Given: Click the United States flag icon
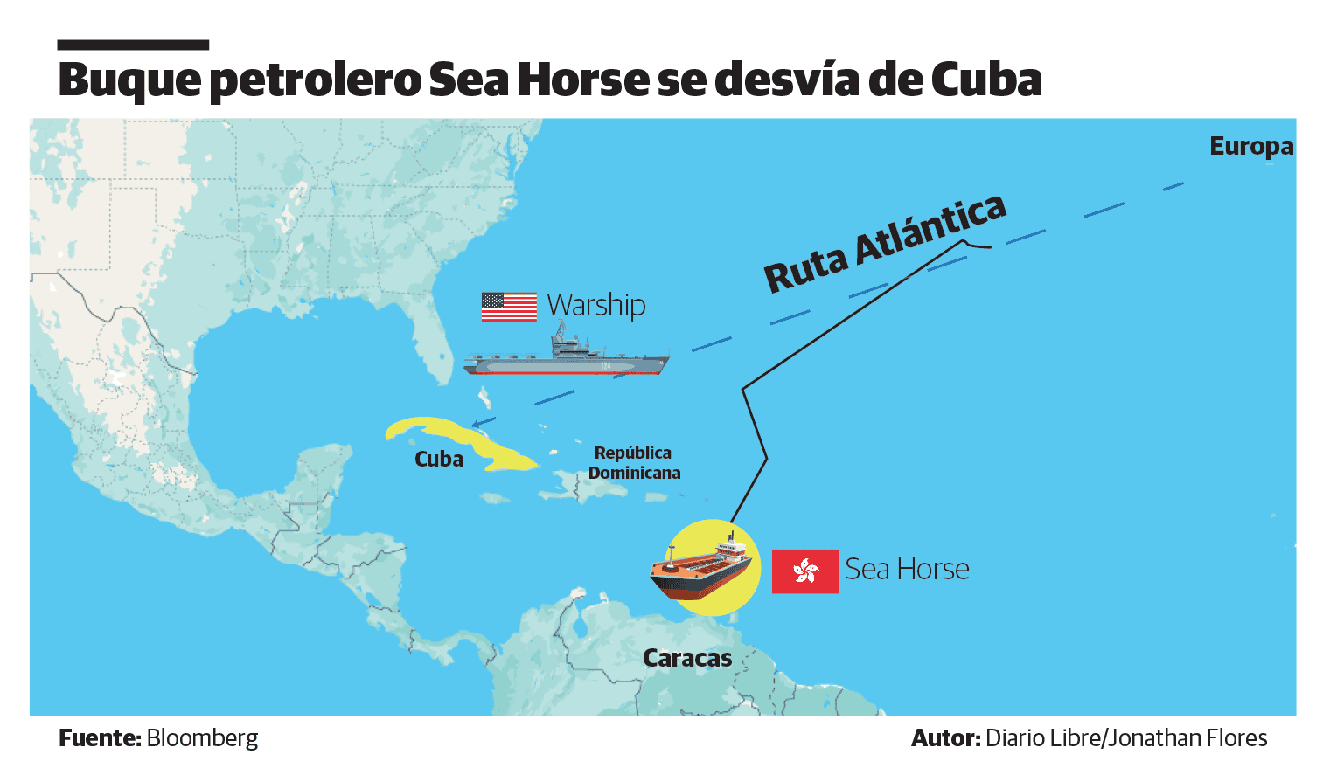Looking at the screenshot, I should [509, 307].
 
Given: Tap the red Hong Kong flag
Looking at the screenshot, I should [804, 571].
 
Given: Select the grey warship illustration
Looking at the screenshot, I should [566, 356].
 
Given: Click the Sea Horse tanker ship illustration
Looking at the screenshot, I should [701, 569].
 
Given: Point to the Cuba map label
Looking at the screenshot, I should [439, 460].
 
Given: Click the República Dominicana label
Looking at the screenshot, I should [634, 463].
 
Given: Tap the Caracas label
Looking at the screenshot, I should [687, 658].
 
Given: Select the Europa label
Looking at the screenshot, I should [1250, 146].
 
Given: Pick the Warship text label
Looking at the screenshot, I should [596, 305].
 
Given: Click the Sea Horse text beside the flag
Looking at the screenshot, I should [907, 570].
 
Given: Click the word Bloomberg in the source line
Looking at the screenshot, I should [203, 738].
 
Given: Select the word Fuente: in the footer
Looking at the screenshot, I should [100, 738].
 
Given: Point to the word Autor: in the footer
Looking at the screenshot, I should [945, 738].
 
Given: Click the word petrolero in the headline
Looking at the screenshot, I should [316, 80].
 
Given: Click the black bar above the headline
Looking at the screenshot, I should [133, 45].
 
